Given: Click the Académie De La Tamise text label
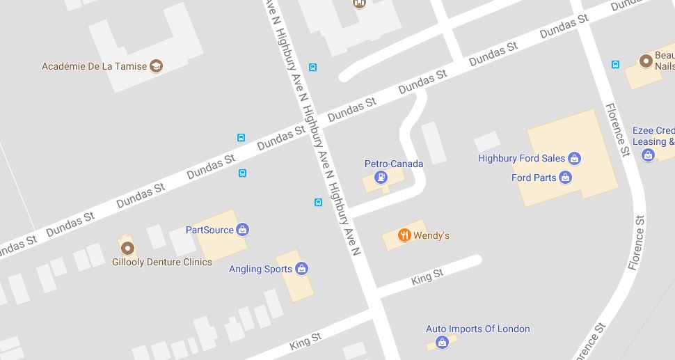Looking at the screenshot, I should pyautogui.click(x=94, y=67).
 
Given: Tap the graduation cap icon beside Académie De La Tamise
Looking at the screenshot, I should pyautogui.click(x=157, y=66).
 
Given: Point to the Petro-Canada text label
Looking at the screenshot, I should pyautogui.click(x=394, y=164).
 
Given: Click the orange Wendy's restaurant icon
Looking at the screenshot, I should pyautogui.click(x=404, y=235).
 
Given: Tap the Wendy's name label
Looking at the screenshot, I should pyautogui.click(x=431, y=236).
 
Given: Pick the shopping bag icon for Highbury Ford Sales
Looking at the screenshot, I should pyautogui.click(x=574, y=158).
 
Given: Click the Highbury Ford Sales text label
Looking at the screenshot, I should pyautogui.click(x=521, y=159).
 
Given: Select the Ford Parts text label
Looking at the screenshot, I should pyautogui.click(x=534, y=178).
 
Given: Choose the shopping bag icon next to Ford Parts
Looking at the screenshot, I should pyautogui.click(x=566, y=178).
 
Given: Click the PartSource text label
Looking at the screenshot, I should pyautogui.click(x=209, y=229).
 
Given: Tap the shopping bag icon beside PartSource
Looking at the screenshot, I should pyautogui.click(x=242, y=229).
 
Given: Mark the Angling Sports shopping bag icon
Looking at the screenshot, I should pyautogui.click(x=301, y=268).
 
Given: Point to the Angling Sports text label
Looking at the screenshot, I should pyautogui.click(x=261, y=269).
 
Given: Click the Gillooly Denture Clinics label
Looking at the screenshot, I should pyautogui.click(x=162, y=263).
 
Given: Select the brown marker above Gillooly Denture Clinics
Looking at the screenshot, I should pyautogui.click(x=127, y=248).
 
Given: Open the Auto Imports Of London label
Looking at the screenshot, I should pyautogui.click(x=478, y=329).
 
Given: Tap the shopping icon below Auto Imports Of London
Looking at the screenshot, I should pyautogui.click(x=442, y=342).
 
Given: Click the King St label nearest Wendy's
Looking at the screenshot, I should pyautogui.click(x=427, y=277).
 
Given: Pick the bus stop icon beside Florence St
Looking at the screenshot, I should pyautogui.click(x=615, y=65).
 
